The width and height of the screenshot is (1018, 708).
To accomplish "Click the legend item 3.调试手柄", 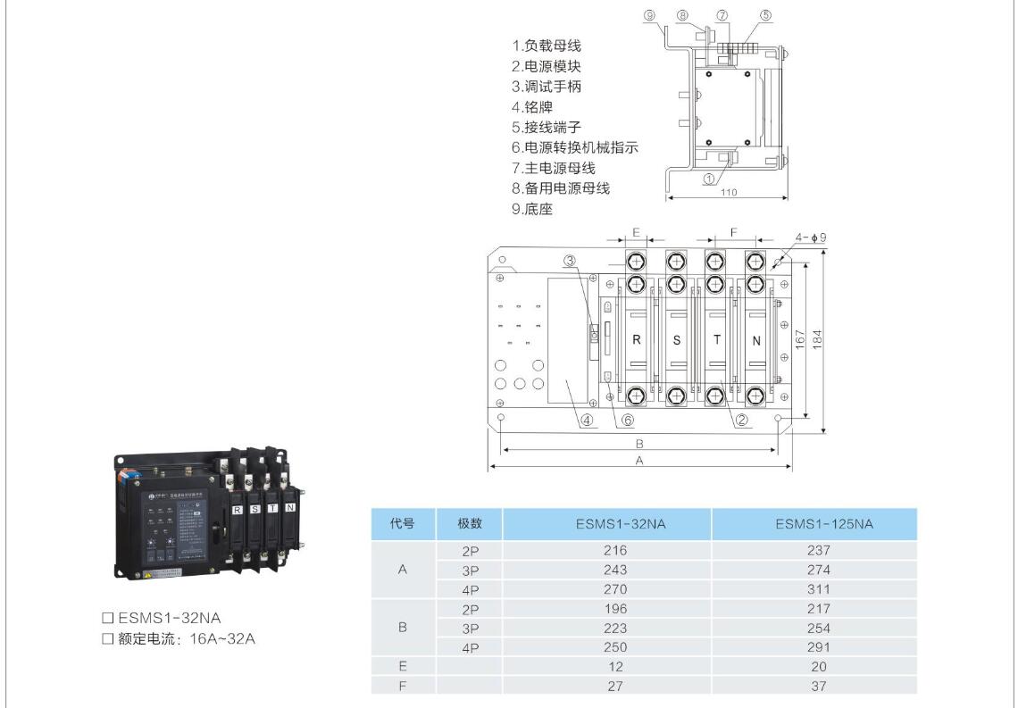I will pyautogui.click(x=547, y=87).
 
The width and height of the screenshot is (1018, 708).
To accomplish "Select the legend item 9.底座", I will pyautogui.click(x=532, y=210).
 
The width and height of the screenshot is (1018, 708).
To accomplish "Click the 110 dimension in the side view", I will pyautogui.click(x=729, y=192).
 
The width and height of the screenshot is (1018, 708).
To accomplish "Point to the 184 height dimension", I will pyautogui.click(x=816, y=339).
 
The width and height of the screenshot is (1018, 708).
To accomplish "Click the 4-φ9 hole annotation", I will pyautogui.click(x=810, y=237).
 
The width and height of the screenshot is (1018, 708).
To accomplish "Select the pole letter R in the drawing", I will pyautogui.click(x=637, y=340).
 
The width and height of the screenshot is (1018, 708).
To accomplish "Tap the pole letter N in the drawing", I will pyautogui.click(x=756, y=340).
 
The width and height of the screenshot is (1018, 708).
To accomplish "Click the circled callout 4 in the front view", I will pyautogui.click(x=586, y=419).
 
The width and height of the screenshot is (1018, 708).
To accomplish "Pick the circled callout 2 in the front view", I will pyautogui.click(x=740, y=420).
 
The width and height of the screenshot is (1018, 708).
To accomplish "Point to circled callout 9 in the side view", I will pyautogui.click(x=649, y=15).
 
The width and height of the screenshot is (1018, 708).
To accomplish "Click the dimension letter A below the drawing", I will pyautogui.click(x=639, y=461).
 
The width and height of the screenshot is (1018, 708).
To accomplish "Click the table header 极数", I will pyautogui.click(x=471, y=524).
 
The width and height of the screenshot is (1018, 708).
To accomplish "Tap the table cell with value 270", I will pyautogui.click(x=615, y=589).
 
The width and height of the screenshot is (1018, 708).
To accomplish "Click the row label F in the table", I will pyautogui.click(x=402, y=686).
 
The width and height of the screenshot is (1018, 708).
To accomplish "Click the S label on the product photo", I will pyautogui.click(x=254, y=508).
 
